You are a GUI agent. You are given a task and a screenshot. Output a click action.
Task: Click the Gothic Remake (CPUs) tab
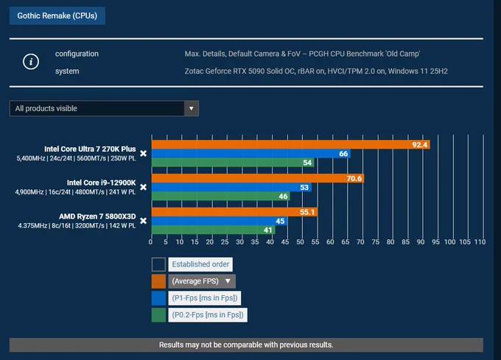tap(57, 15)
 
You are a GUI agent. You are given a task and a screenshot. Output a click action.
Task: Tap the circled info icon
tap(31, 62)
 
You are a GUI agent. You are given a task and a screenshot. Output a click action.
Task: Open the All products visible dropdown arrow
tap(191, 108)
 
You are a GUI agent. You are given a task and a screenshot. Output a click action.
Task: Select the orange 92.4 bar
tap(291, 144)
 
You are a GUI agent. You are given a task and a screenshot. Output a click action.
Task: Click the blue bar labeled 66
tap(251, 154)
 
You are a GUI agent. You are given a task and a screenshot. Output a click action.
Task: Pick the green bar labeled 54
tap(233, 163)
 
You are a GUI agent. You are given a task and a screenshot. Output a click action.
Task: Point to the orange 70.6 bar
tap(258, 178)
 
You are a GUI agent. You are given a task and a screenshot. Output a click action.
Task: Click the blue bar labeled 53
tap(231, 187)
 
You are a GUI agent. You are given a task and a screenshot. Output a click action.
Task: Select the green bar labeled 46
tap(221, 197)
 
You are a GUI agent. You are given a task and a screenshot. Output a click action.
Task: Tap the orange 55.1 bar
tap(234, 212)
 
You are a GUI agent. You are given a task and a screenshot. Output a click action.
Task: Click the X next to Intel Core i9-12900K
tap(144, 187)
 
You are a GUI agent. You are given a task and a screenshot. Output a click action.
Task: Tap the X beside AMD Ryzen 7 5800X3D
tap(144, 221)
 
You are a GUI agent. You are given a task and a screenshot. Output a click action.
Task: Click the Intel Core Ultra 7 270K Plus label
tap(90, 149)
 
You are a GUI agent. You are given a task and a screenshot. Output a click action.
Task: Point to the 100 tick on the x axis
tap(449, 242)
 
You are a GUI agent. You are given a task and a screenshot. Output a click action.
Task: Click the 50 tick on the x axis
tap(300, 242)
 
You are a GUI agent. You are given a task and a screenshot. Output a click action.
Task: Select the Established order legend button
tap(200, 264)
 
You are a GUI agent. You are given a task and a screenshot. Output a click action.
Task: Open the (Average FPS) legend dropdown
tap(202, 281)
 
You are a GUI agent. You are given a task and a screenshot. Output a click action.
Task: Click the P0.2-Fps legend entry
tap(208, 315)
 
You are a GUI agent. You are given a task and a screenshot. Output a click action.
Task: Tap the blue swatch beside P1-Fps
tap(158, 298)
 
